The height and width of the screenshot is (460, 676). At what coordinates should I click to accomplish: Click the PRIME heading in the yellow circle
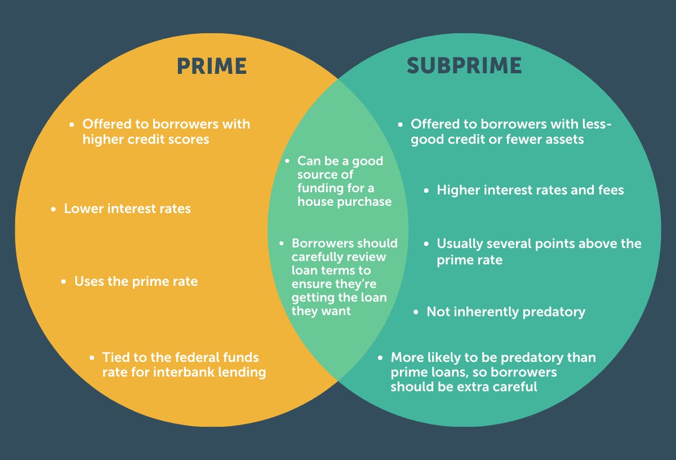[x=211, y=66]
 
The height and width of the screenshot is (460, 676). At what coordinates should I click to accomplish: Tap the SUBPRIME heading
[x=464, y=66]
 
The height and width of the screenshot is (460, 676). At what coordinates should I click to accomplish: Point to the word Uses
[x=89, y=281]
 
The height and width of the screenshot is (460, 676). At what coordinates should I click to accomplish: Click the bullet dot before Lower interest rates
[x=54, y=209]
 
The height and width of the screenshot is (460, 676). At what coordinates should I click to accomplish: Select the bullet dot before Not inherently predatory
[x=416, y=312]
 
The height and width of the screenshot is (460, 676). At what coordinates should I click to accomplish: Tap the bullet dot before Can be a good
[x=287, y=161]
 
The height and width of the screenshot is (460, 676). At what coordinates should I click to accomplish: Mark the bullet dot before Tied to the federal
[x=92, y=358]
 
